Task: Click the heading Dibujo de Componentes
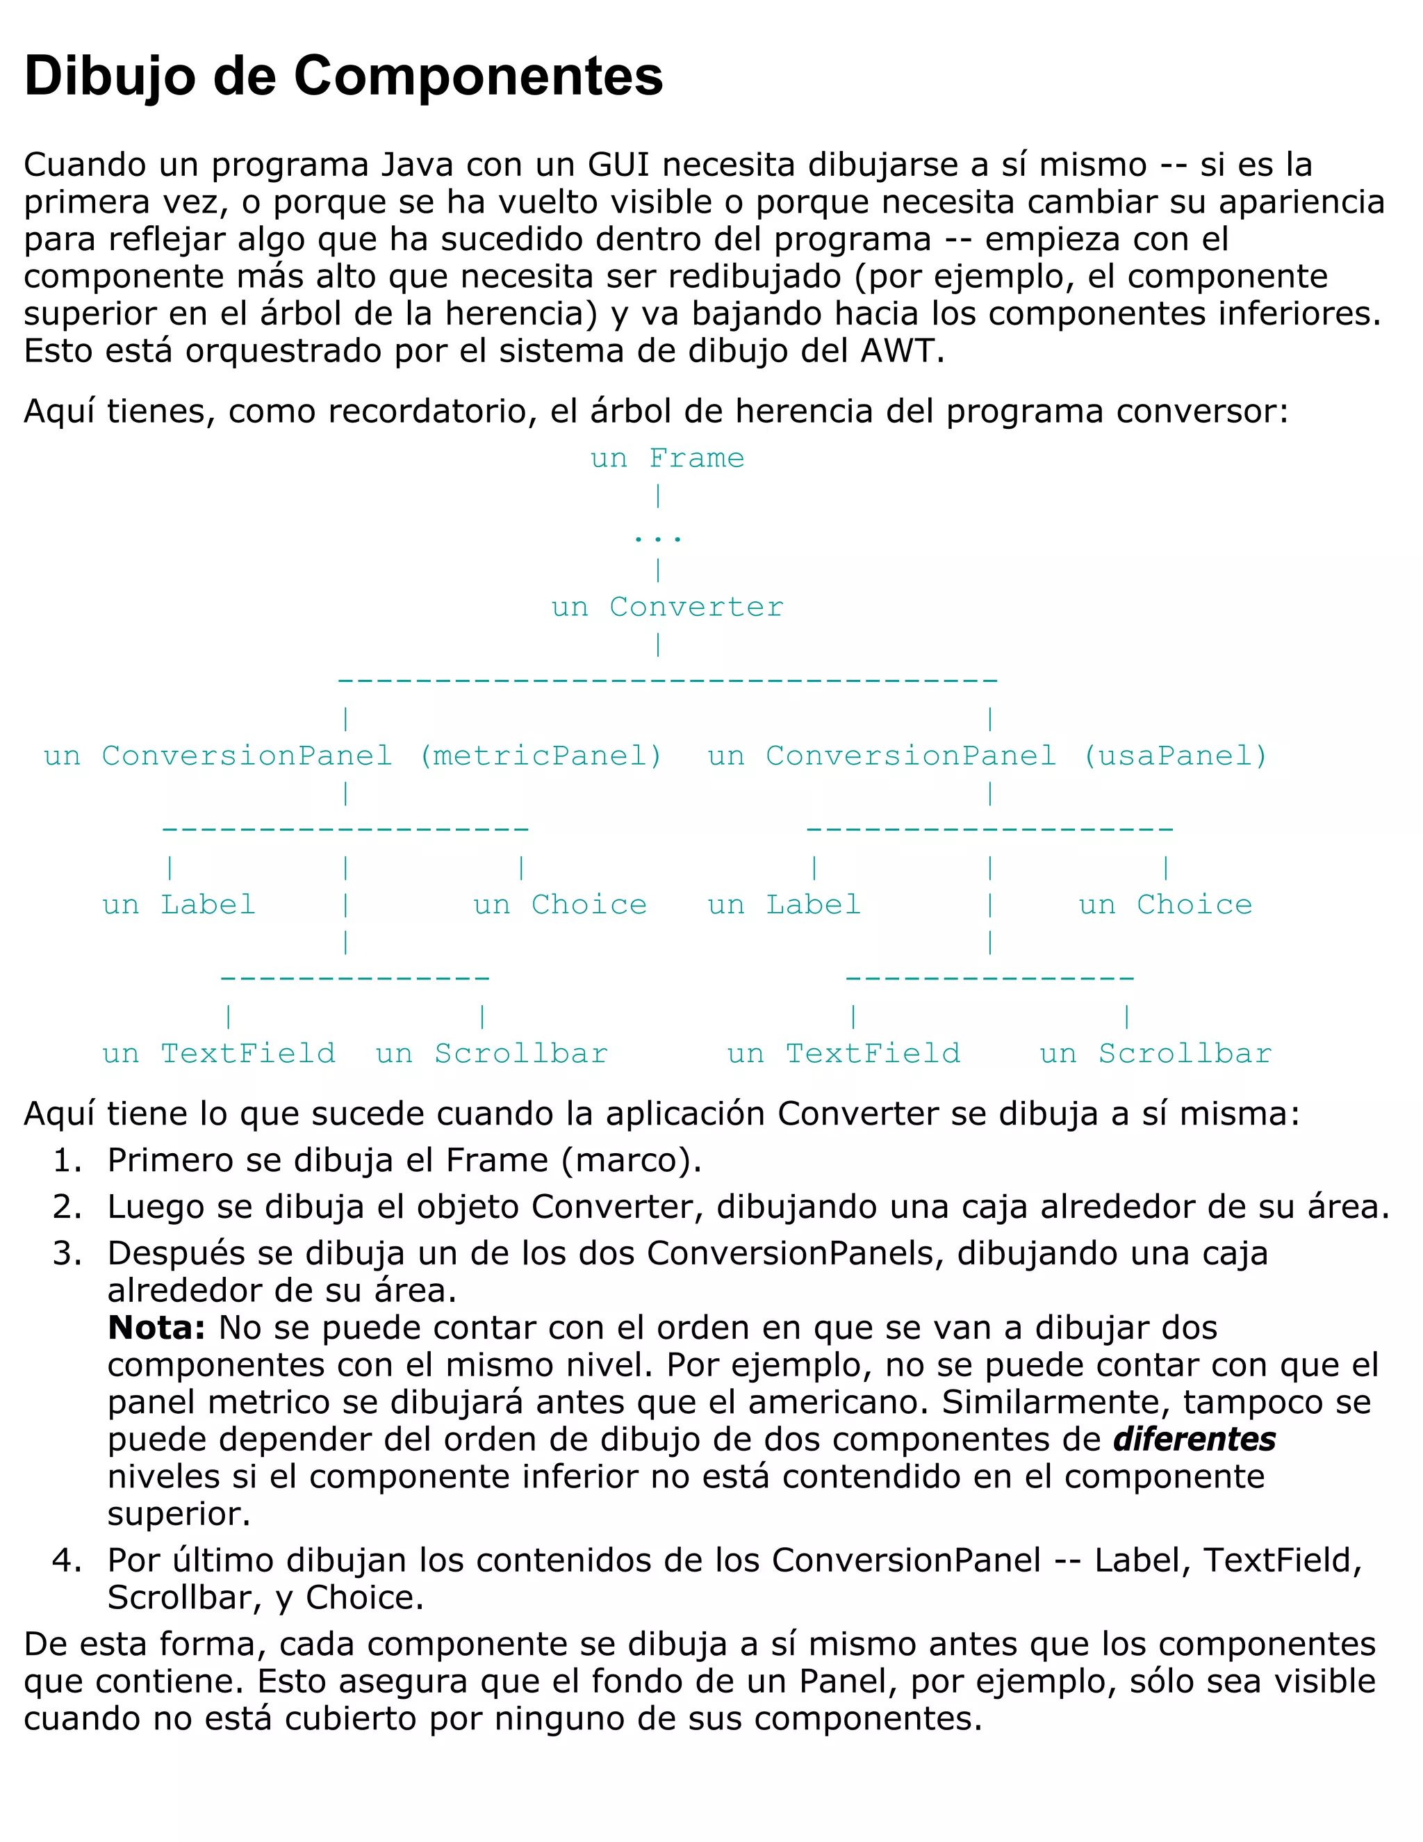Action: tap(343, 76)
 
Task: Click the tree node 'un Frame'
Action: tap(667, 458)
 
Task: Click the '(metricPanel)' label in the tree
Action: tap(541, 756)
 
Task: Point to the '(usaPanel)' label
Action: tap(1175, 756)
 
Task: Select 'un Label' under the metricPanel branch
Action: tap(179, 905)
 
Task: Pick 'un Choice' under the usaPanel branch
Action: tap(1165, 905)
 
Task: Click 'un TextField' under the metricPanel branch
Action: tap(218, 1053)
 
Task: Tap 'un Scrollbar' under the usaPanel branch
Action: tap(1155, 1053)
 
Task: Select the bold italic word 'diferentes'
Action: tap(1194, 1439)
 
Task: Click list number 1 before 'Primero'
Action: tap(67, 1161)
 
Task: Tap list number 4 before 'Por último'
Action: tap(67, 1560)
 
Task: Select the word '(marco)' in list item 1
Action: tap(632, 1161)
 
